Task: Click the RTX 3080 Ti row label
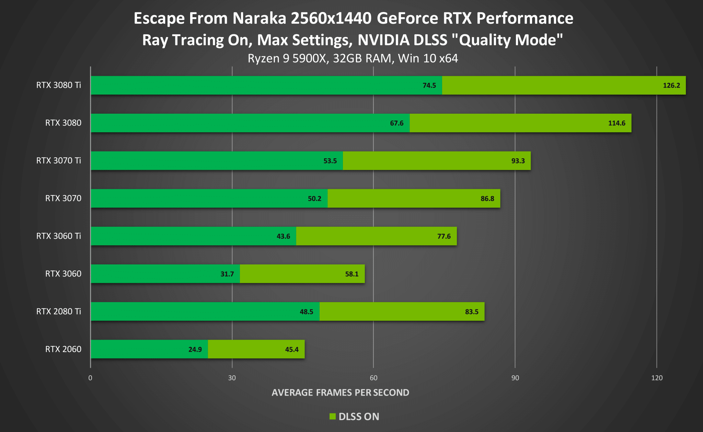pyautogui.click(x=59, y=85)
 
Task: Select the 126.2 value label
pyautogui.click(x=671, y=86)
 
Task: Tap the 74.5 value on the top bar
pyautogui.click(x=429, y=86)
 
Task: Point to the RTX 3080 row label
pyautogui.click(x=63, y=123)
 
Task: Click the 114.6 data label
pyautogui.click(x=616, y=123)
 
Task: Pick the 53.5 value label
pyautogui.click(x=330, y=161)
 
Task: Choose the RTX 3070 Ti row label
pyautogui.click(x=59, y=161)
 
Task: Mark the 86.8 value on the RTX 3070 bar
pyautogui.click(x=487, y=199)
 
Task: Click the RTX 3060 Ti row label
pyautogui.click(x=59, y=236)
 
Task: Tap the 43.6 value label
pyautogui.click(x=283, y=237)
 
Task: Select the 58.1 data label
pyautogui.click(x=351, y=274)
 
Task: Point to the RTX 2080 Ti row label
pyautogui.click(x=59, y=311)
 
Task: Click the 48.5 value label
pyautogui.click(x=306, y=312)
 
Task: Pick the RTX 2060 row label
pyautogui.click(x=63, y=349)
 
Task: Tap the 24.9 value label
pyautogui.click(x=195, y=350)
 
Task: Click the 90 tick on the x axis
pyautogui.click(x=515, y=378)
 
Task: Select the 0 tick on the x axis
pyautogui.click(x=90, y=378)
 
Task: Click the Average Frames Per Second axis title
pyautogui.click(x=340, y=393)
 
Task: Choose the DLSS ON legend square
pyautogui.click(x=332, y=417)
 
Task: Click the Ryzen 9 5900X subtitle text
pyautogui.click(x=353, y=58)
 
